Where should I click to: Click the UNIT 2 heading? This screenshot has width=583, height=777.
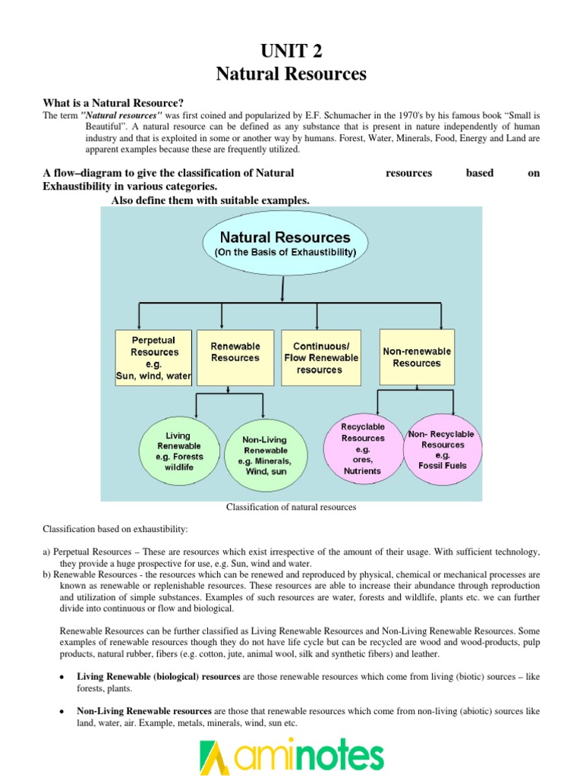pyautogui.click(x=291, y=51)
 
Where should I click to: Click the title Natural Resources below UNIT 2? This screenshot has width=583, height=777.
pyautogui.click(x=291, y=74)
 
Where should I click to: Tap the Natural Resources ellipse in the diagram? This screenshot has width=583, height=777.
pyautogui.click(x=285, y=243)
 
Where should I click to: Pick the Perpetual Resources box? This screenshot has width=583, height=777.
pyautogui.click(x=153, y=357)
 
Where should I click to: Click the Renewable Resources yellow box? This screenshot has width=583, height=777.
pyautogui.click(x=235, y=352)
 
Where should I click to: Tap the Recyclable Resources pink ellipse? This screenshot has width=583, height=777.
pyautogui.click(x=363, y=448)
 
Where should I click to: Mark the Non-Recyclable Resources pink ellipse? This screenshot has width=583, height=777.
pyautogui.click(x=443, y=449)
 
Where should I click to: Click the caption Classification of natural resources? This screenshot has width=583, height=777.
pyautogui.click(x=291, y=507)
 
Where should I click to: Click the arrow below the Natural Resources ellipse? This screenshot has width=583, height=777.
pyautogui.click(x=282, y=288)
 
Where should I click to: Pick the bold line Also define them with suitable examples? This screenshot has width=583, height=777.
pyautogui.click(x=210, y=200)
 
